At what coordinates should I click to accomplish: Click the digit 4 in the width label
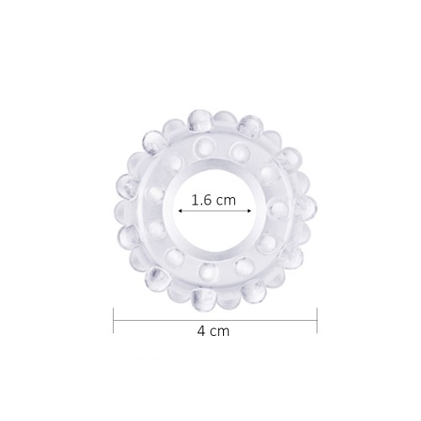pyautogui.click(x=201, y=331)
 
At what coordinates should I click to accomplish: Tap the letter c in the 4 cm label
pyautogui.click(x=214, y=332)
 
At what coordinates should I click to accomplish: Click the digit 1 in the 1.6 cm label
pyautogui.click(x=195, y=200)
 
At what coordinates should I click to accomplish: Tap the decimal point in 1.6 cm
pyautogui.click(x=200, y=205)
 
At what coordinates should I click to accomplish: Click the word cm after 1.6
pyautogui.click(x=225, y=201)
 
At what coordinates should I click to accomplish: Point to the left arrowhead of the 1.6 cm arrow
pyautogui.click(x=179, y=214)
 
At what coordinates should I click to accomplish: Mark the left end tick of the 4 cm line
pyautogui.click(x=114, y=320)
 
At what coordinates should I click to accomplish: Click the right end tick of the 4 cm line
pyautogui.click(x=317, y=320)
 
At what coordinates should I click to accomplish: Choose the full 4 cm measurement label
pyautogui.click(x=213, y=332)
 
